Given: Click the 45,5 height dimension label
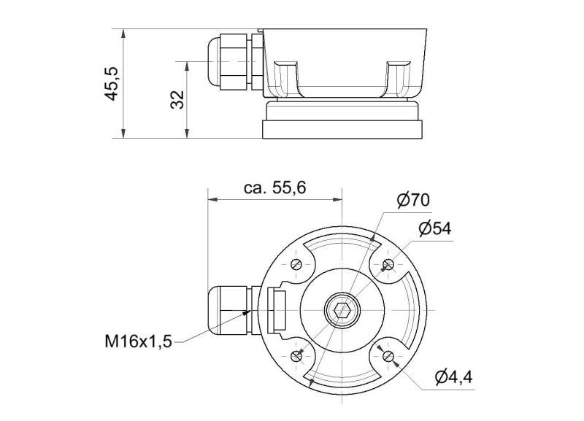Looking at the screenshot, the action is (x=111, y=84).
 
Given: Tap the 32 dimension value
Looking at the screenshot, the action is (x=177, y=99).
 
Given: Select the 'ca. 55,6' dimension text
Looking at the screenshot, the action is (x=275, y=188).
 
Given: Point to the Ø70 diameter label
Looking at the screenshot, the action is (x=413, y=200).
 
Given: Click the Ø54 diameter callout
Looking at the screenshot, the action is (x=435, y=228).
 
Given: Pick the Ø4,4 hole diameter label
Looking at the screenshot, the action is (x=453, y=377).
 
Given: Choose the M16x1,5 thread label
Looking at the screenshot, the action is (x=139, y=341).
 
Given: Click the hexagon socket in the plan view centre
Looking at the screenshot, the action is (x=342, y=309).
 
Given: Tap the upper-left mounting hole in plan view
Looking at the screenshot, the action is (x=296, y=264).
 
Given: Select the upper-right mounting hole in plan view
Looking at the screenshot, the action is (x=388, y=264).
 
